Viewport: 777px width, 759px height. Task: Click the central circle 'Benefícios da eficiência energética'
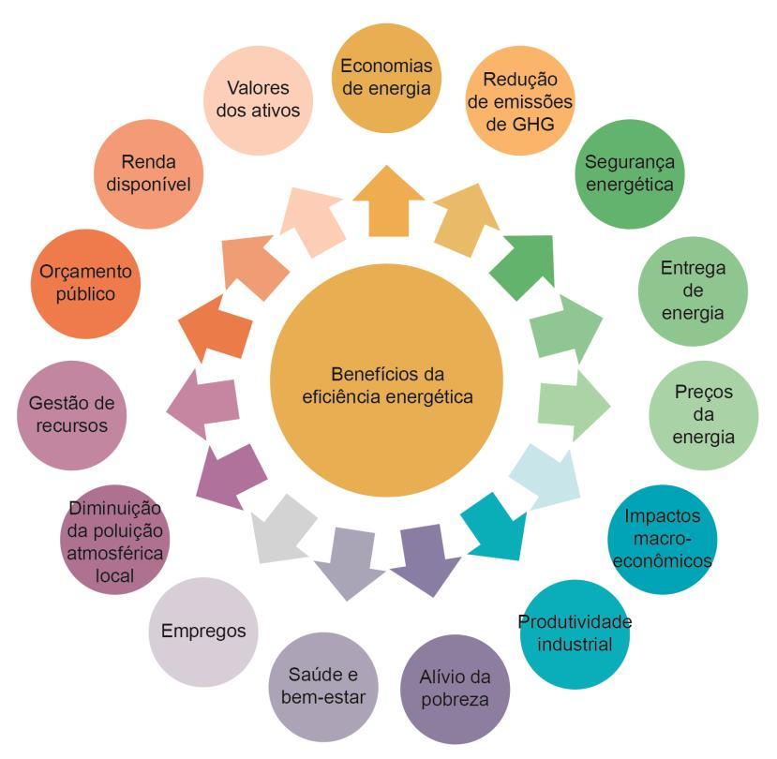pyautogui.click(x=387, y=384)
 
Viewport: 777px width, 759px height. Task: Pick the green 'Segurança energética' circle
pyautogui.click(x=629, y=172)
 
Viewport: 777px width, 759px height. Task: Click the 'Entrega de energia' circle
pyautogui.click(x=692, y=290)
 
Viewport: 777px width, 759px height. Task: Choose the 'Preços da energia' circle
pyautogui.click(x=703, y=413)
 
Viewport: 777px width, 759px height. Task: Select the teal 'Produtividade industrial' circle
pyautogui.click(x=575, y=633)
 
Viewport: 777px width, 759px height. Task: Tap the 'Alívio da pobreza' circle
pyautogui.click(x=456, y=689)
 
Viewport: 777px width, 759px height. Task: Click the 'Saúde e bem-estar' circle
pyautogui.click(x=322, y=689)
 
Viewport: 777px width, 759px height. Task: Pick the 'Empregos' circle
pyautogui.click(x=204, y=632)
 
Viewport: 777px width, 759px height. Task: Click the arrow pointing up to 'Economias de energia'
pyautogui.click(x=388, y=206)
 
